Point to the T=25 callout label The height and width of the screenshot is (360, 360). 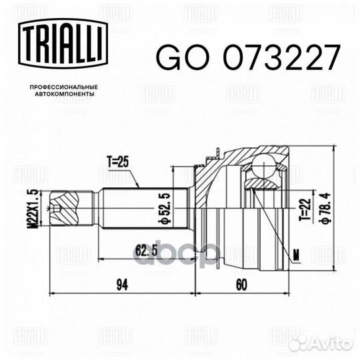point(121,161)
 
